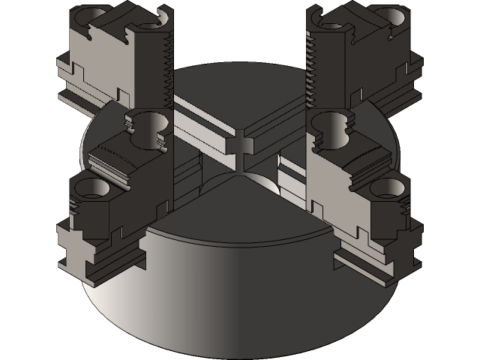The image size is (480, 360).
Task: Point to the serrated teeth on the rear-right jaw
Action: click(310, 71)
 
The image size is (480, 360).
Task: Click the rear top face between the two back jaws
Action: click(240, 90)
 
